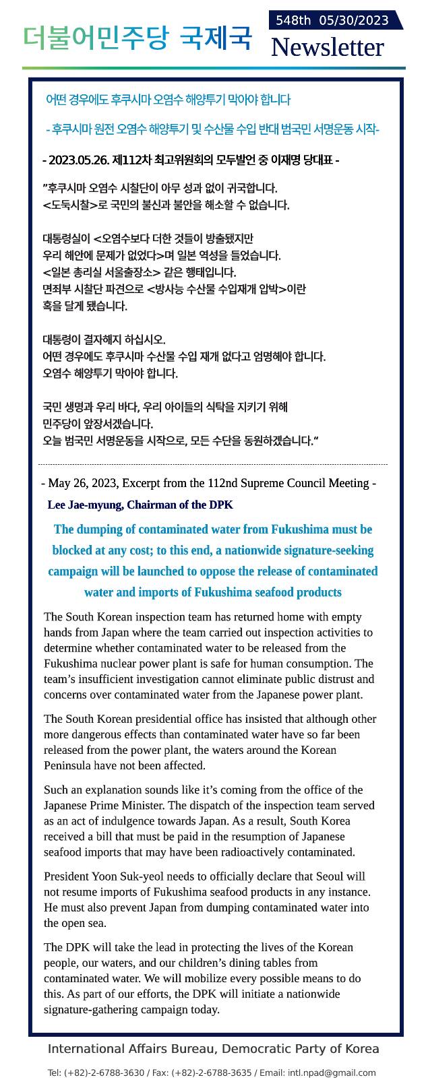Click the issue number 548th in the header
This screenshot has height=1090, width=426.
pyautogui.click(x=293, y=20)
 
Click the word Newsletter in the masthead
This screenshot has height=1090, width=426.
pyautogui.click(x=327, y=47)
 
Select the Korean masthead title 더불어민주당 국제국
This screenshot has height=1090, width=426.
pyautogui.click(x=137, y=38)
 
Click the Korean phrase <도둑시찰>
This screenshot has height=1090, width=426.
pyautogui.click(x=70, y=205)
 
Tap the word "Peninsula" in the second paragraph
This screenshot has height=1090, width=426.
pyautogui.click(x=67, y=765)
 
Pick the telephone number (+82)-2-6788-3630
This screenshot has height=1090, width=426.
pyautogui.click(x=104, y=1073)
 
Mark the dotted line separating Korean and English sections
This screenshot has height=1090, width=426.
pyautogui.click(x=213, y=464)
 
